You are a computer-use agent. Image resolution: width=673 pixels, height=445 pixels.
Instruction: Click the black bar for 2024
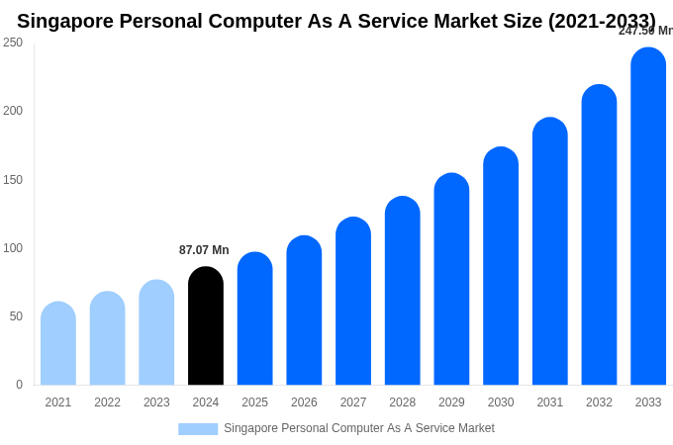click(206, 326)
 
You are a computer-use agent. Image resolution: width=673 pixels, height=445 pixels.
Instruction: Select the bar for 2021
click(58, 344)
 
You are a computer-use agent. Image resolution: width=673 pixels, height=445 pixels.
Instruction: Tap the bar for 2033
click(648, 218)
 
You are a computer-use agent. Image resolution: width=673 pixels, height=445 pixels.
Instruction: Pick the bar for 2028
click(403, 292)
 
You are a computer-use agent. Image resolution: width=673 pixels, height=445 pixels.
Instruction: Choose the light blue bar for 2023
click(156, 333)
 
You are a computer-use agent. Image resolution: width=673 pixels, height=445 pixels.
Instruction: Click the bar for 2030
click(501, 267)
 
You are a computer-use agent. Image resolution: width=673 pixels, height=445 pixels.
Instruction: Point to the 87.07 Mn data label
click(204, 250)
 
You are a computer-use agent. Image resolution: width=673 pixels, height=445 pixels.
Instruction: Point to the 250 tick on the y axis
click(13, 43)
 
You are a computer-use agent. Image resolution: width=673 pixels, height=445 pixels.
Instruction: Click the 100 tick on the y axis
click(13, 248)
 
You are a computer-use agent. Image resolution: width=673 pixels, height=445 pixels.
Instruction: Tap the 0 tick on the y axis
click(19, 385)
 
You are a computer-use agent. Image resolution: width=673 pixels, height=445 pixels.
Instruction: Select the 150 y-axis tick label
click(13, 180)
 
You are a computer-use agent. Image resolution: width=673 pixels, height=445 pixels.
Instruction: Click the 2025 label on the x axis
click(255, 402)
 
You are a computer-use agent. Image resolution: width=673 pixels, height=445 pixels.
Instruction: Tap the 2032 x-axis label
click(599, 402)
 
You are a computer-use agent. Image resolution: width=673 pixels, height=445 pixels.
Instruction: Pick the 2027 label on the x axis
click(353, 402)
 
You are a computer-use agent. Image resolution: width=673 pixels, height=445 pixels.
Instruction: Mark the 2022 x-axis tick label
click(108, 402)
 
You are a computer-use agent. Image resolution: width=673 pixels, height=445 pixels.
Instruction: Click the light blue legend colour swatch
click(198, 429)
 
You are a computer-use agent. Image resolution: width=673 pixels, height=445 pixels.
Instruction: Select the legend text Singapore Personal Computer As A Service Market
click(359, 428)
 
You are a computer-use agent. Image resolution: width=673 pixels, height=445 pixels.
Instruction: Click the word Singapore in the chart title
click(64, 21)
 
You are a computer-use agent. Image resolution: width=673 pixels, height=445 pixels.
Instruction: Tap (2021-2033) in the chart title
click(602, 21)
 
